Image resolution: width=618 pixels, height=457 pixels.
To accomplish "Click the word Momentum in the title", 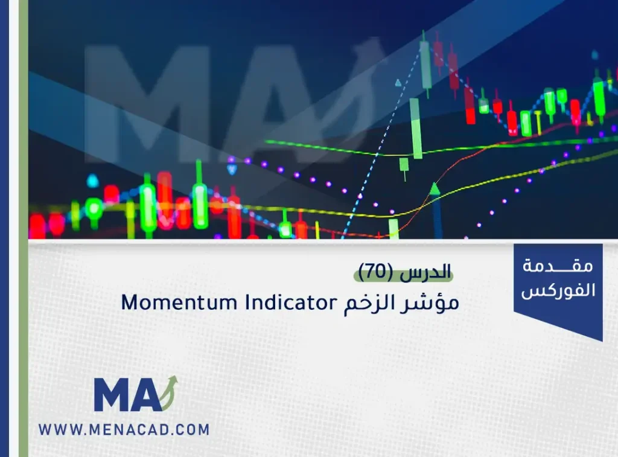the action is (179, 303).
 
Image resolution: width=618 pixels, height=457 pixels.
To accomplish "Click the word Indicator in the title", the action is (291, 302).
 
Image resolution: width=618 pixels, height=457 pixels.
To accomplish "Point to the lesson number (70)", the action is (376, 272).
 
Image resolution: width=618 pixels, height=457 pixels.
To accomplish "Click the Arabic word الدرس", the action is (425, 272).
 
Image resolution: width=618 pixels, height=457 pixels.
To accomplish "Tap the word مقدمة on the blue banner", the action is (558, 266).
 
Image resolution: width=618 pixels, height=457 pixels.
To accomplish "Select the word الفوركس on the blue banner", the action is (558, 290).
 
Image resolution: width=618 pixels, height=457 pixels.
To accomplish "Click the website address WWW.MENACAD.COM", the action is (124, 429).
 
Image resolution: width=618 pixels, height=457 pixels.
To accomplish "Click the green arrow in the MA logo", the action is (170, 392).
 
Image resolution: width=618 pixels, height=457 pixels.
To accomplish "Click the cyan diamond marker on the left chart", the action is (92, 181).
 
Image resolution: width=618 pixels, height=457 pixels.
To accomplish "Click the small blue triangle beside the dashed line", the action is (398, 83).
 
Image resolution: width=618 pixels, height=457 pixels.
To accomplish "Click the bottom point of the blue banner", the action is (602, 341).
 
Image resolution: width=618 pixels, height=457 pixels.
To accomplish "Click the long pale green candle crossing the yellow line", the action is (415, 128).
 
